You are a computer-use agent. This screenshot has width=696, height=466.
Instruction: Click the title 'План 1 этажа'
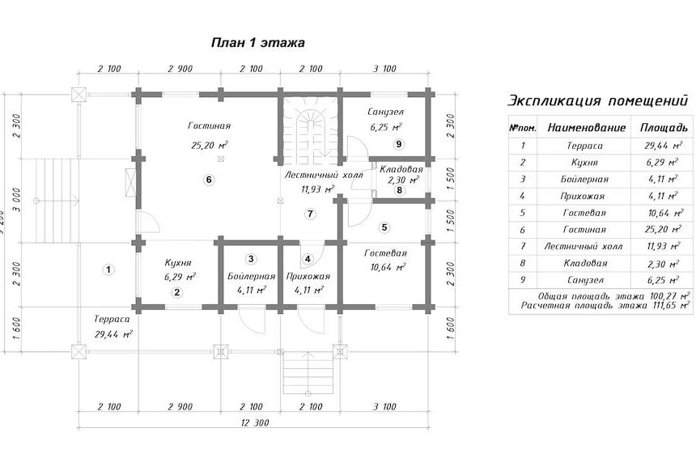[x=258, y=43]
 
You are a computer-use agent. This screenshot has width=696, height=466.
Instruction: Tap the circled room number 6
[x=209, y=180]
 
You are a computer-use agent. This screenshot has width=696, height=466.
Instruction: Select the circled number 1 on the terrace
[x=108, y=269]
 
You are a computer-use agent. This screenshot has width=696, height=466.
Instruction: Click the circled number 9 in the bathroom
[x=399, y=144]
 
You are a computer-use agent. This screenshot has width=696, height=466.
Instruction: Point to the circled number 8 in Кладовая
[x=400, y=190]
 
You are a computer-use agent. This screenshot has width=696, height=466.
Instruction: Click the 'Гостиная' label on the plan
[x=209, y=126]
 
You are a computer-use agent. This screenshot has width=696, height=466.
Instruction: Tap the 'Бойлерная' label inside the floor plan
[x=251, y=277]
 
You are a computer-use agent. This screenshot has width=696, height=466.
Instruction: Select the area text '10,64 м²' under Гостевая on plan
[x=388, y=267]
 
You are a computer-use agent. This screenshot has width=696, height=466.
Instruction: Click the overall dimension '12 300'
[x=255, y=422]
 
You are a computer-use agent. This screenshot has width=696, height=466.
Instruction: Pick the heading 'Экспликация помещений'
[x=597, y=101]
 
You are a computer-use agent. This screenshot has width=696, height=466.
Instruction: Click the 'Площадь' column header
[x=663, y=129]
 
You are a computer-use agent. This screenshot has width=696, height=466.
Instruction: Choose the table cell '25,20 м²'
[x=663, y=230]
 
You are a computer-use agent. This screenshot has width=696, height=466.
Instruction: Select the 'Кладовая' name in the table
[x=584, y=263]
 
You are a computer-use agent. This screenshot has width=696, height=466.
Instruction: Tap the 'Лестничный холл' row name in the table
[x=584, y=246]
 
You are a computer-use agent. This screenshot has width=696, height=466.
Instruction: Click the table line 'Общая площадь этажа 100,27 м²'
[x=614, y=296]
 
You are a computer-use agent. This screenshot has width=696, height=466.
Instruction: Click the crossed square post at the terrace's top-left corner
[x=79, y=95]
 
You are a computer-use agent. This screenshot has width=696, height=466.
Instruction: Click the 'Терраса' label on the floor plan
[x=112, y=319]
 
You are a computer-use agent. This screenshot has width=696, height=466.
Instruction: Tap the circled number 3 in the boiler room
[x=251, y=259]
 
